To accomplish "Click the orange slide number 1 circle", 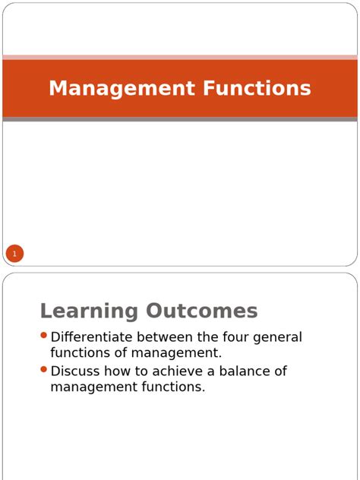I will [x=14, y=253].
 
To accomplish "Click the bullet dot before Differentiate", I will [x=44, y=336].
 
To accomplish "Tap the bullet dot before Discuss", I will [x=44, y=370].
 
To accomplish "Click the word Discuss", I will [x=75, y=371].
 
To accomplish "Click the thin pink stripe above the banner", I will [x=180, y=57].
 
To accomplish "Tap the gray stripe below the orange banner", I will [x=180, y=119].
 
